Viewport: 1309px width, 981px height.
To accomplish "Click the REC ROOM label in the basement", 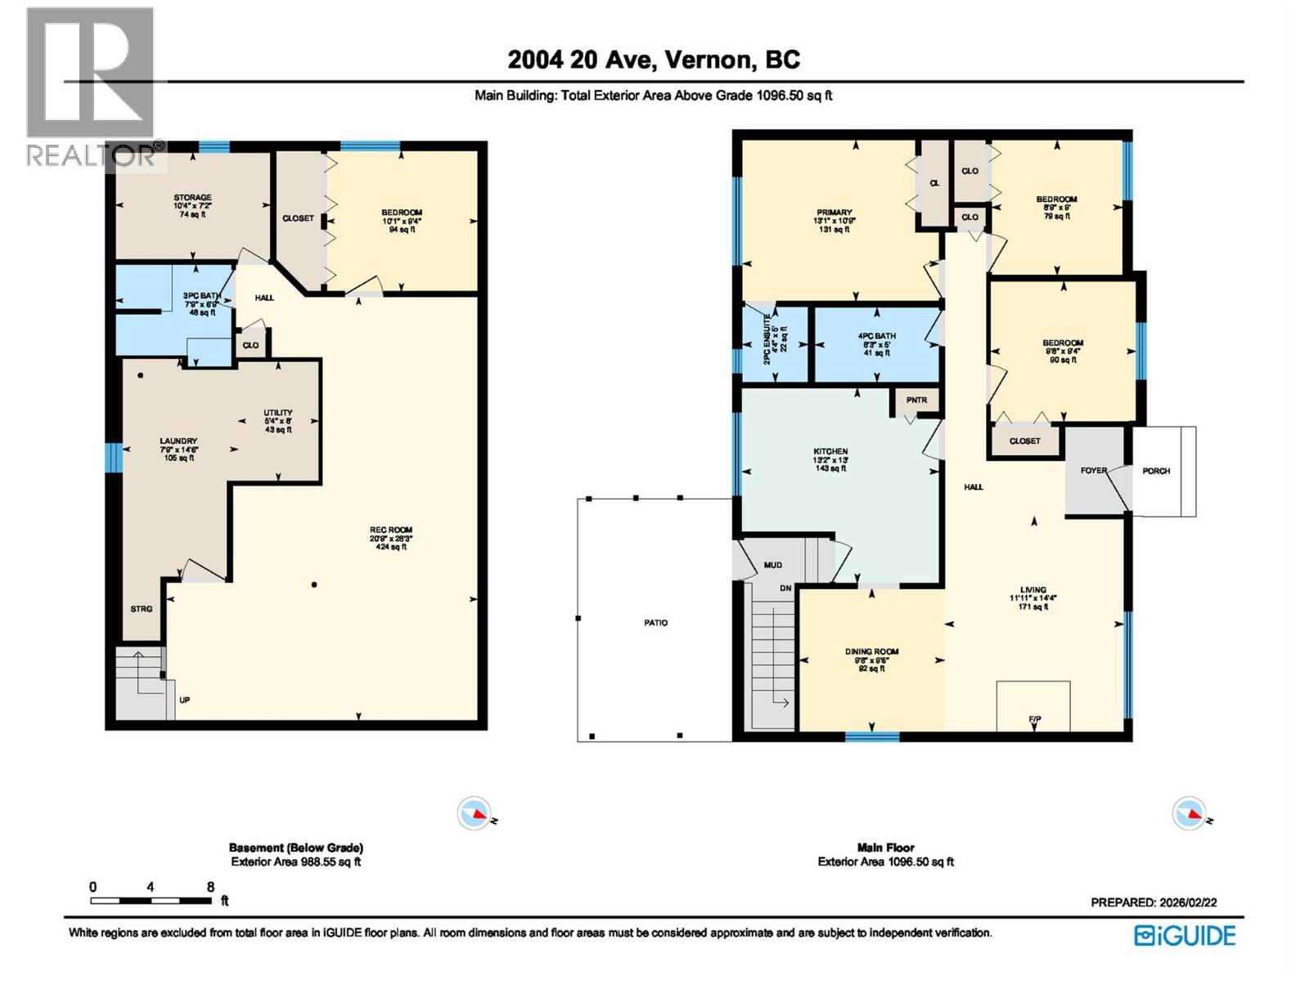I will (x=390, y=530).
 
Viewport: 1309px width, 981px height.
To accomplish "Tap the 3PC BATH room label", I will (x=201, y=296).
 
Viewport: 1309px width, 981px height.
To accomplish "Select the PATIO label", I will (x=655, y=623).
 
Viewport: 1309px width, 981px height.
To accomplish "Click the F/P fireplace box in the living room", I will (x=1033, y=706).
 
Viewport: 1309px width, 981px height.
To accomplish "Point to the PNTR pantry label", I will (x=916, y=400).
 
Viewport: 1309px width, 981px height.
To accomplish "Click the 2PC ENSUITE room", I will (x=774, y=343).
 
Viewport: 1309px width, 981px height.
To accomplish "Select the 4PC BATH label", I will (x=876, y=336).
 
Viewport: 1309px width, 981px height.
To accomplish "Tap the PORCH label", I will (x=1156, y=471).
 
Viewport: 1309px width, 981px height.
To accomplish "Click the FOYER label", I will (x=1093, y=471).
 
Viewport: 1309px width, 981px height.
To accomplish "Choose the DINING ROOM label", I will (x=871, y=652).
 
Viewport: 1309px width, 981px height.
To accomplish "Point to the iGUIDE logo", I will (x=1185, y=936).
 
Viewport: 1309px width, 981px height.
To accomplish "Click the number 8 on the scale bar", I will (x=211, y=887).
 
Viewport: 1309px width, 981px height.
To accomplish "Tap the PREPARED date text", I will (x=1154, y=903).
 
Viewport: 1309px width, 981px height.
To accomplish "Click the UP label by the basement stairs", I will (x=185, y=701).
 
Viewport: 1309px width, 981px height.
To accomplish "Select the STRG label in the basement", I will (x=142, y=609).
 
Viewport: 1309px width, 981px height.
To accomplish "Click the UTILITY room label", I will (x=278, y=413).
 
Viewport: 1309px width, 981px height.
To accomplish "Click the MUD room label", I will (x=772, y=565).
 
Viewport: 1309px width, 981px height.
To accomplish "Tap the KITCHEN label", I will (x=830, y=451).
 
